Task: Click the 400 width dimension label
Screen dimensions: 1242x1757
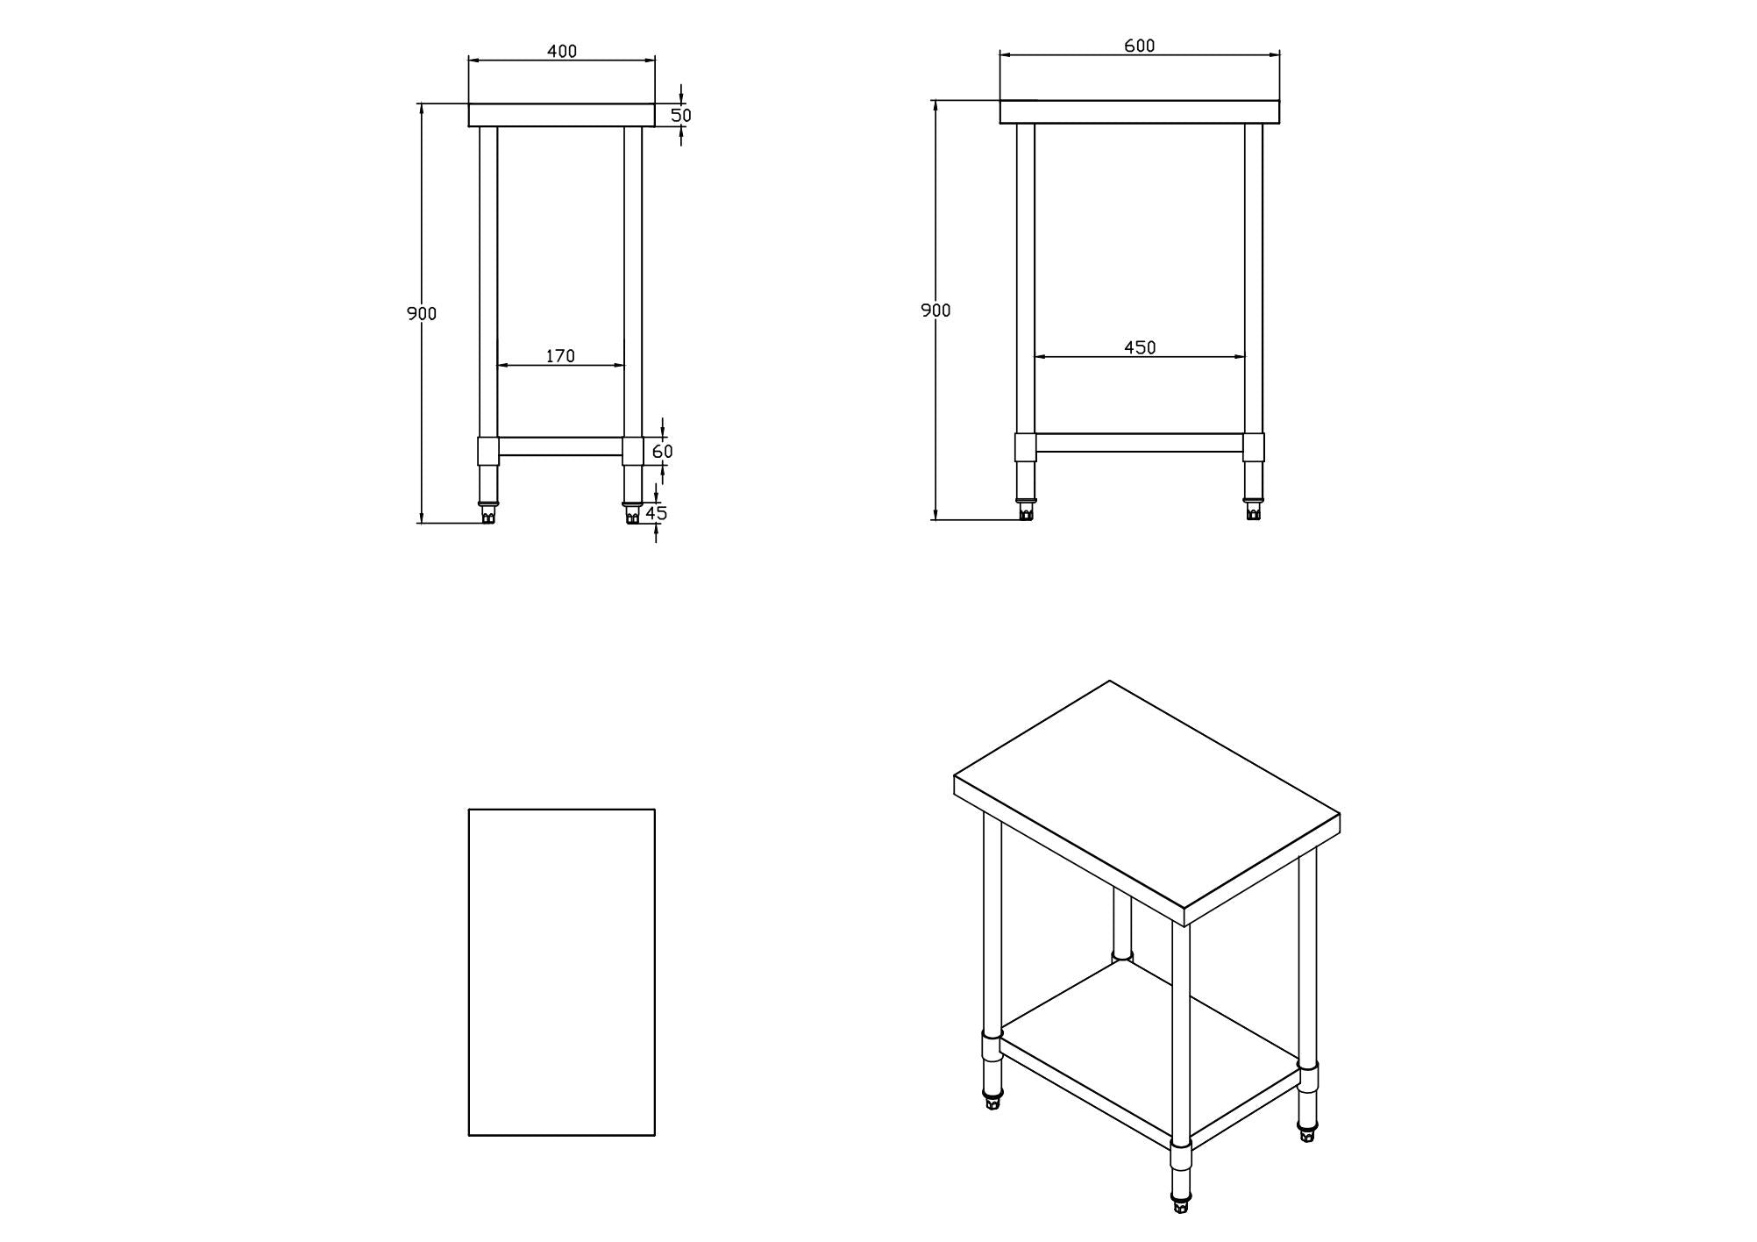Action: [562, 51]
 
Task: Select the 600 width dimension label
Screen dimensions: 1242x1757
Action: [1139, 46]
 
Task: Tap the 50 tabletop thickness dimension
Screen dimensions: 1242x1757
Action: [681, 115]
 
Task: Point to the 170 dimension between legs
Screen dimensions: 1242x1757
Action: [560, 355]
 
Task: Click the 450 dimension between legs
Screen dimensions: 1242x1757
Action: [1140, 347]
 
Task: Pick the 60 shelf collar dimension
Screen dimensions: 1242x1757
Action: [663, 451]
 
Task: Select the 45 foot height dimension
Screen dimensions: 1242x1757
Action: [657, 513]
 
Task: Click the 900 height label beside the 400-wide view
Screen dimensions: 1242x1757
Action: [422, 313]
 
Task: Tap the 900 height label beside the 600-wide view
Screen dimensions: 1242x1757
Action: [935, 310]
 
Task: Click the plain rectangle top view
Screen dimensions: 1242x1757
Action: [562, 972]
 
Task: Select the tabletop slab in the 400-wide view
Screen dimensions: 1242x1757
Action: [562, 115]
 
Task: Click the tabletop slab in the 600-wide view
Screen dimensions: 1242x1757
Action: [1139, 111]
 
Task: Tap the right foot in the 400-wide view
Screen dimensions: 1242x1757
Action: [632, 515]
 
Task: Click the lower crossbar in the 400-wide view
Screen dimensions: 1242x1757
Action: [561, 446]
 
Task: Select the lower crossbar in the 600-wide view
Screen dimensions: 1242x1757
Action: [1140, 443]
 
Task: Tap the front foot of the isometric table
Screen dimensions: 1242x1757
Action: [1181, 1204]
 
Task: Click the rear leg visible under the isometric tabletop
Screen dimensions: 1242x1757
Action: [1122, 921]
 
